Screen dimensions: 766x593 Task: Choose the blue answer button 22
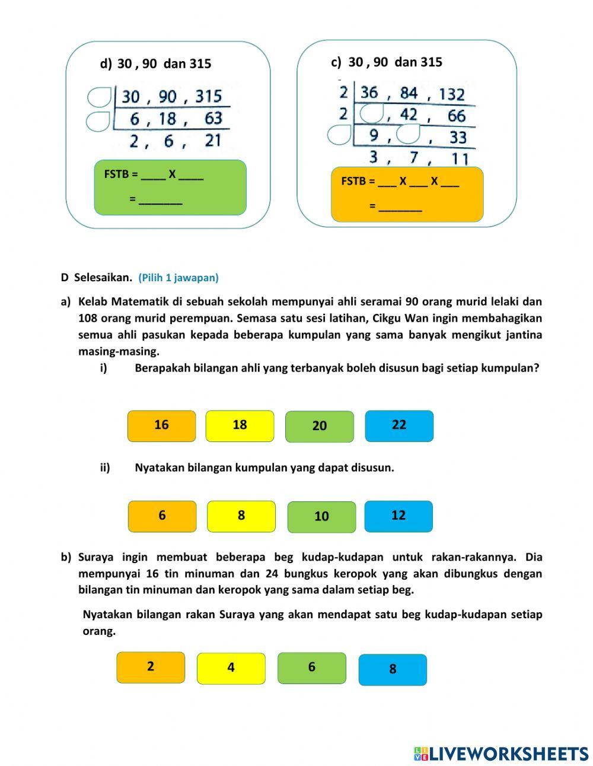(399, 425)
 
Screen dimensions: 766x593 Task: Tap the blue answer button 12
(398, 516)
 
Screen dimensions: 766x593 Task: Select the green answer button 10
(321, 517)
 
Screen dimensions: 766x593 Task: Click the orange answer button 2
(151, 667)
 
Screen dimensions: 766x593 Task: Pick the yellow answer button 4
(231, 668)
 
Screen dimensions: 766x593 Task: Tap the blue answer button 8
(393, 669)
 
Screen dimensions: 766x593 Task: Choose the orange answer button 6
(162, 516)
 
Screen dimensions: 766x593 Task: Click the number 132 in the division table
(452, 94)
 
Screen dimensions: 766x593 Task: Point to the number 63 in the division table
(213, 118)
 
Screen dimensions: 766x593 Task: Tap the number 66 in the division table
(456, 116)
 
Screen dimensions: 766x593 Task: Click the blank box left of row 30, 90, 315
(98, 96)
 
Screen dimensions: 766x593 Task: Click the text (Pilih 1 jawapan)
(178, 277)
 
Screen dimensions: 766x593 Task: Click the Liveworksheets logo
(500, 753)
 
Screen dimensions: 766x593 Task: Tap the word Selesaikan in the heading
(103, 277)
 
